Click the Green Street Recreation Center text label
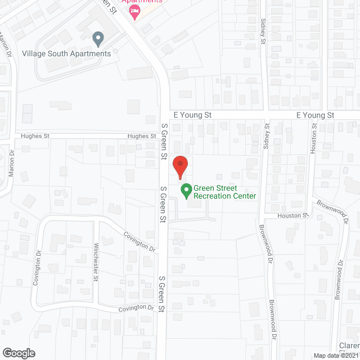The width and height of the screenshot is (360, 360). pyautogui.click(x=224, y=192)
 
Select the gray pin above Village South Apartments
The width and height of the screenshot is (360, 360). pyautogui.click(x=98, y=39)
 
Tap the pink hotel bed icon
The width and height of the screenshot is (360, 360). pyautogui.click(x=134, y=12)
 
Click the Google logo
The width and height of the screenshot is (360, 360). pyautogui.click(x=18, y=353)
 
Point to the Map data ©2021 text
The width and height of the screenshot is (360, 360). pyautogui.click(x=336, y=355)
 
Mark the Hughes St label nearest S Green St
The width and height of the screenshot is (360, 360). pyautogui.click(x=141, y=136)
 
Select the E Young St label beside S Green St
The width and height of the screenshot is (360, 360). pyautogui.click(x=192, y=115)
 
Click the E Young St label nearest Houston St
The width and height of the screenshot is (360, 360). pyautogui.click(x=315, y=115)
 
